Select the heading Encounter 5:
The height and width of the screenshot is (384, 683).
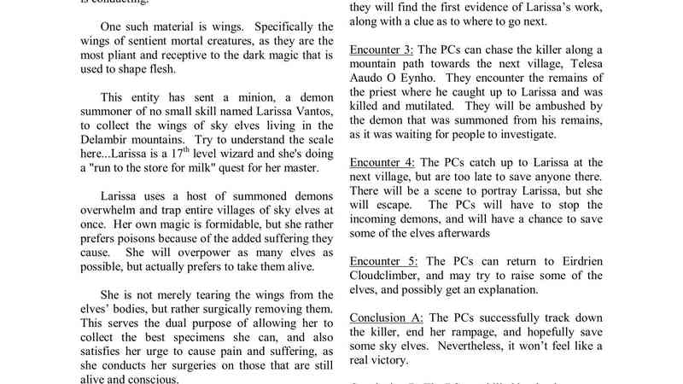(384, 260)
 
